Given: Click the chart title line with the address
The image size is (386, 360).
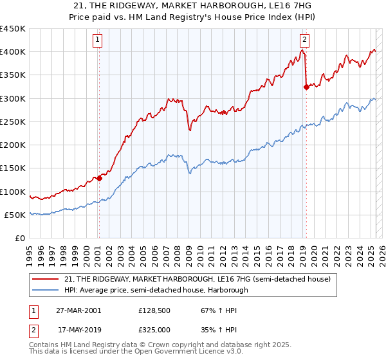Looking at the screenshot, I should (x=192, y=6).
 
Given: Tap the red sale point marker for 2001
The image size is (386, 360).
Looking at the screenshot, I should (x=99, y=179).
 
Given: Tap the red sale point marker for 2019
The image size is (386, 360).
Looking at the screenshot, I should (x=306, y=87).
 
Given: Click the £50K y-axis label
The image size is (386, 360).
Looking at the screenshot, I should (x=15, y=215).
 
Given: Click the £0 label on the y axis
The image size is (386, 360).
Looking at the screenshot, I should (x=21, y=238).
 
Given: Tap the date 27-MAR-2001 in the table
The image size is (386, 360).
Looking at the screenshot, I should (x=78, y=310).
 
